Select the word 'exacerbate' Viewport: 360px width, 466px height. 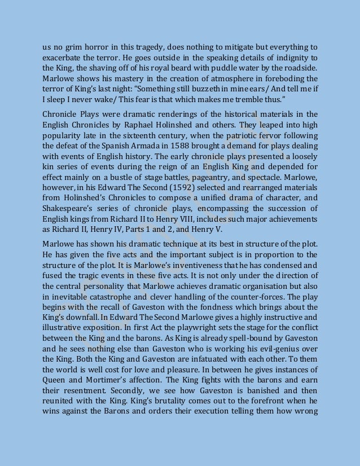tap(62, 58)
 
